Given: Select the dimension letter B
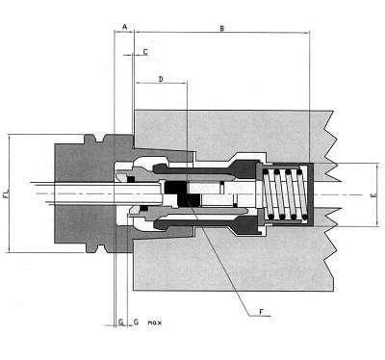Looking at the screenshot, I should point(221,29).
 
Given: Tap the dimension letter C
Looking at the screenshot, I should point(144,50).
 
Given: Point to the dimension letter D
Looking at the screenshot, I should point(160,77).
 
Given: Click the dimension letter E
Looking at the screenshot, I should point(373,195).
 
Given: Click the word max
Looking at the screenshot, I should point(154,320).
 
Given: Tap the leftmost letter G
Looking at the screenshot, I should point(120,320).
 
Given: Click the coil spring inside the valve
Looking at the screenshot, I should point(287,193).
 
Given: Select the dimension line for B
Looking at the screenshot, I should point(221,36).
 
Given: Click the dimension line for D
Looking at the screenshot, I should point(160,84).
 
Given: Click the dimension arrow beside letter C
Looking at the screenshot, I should point(137,56).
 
